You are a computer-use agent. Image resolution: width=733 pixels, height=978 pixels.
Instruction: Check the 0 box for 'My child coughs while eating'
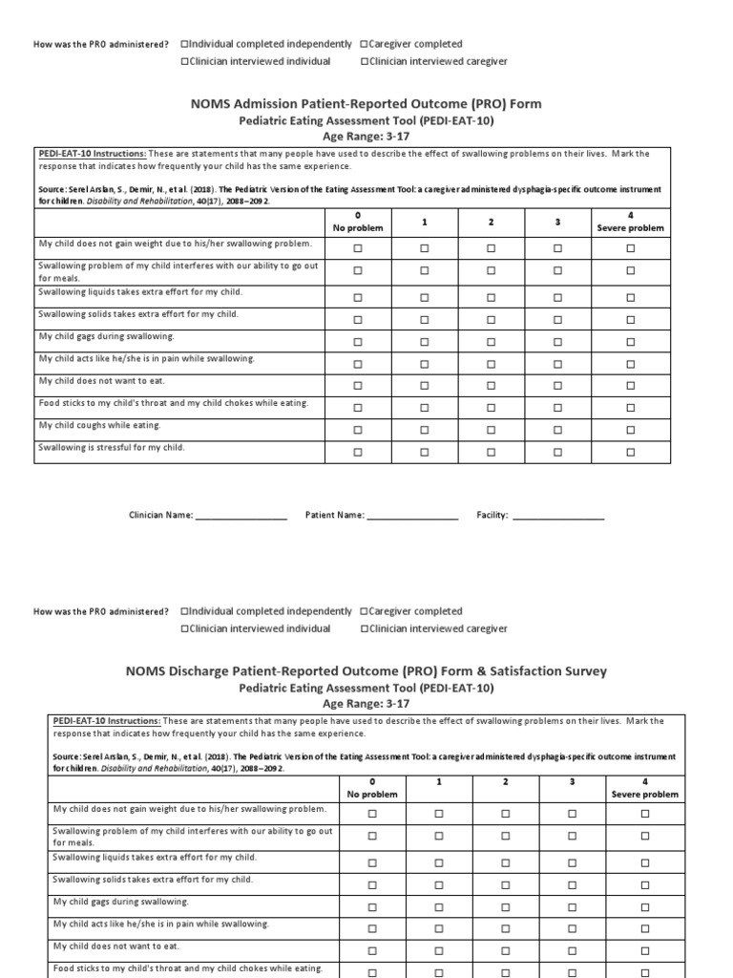[358, 430]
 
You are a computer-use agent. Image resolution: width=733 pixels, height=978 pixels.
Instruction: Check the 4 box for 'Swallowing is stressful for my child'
[630, 452]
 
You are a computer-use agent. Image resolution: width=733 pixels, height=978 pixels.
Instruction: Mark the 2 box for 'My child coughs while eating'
[491, 430]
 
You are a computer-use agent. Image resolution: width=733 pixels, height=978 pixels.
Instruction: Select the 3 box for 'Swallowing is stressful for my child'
[558, 452]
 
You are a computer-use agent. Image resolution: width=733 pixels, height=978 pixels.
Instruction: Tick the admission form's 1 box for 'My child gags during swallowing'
[425, 342]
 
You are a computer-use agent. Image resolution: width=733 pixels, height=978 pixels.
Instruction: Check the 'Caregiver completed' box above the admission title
[366, 44]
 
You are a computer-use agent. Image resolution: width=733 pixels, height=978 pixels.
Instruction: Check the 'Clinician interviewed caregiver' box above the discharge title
[366, 628]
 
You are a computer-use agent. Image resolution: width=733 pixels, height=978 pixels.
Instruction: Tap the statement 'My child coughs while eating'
[99, 425]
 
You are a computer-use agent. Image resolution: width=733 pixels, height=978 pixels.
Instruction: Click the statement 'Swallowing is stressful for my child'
[112, 447]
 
